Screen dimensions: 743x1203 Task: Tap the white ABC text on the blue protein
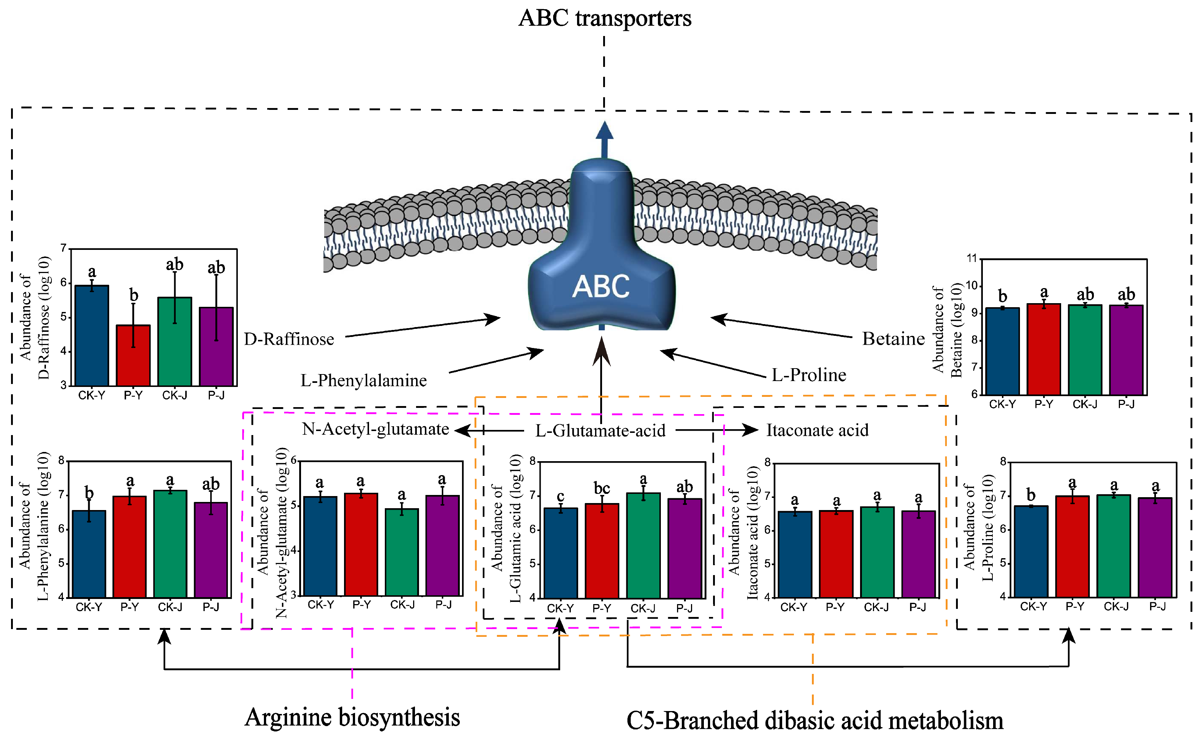pyautogui.click(x=601, y=287)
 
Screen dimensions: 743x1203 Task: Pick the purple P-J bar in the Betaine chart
pyautogui.click(x=1126, y=349)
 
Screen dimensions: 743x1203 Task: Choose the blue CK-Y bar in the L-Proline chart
pyautogui.click(x=1031, y=551)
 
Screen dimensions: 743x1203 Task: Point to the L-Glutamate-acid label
pyautogui.click(x=600, y=431)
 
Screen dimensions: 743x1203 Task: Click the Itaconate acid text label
pyautogui.click(x=817, y=430)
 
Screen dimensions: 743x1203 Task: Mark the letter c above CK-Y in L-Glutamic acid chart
pyautogui.click(x=560, y=496)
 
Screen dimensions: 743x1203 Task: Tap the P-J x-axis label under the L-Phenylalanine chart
pyautogui.click(x=211, y=607)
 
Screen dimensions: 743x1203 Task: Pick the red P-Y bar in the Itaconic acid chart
pyautogui.click(x=835, y=554)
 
